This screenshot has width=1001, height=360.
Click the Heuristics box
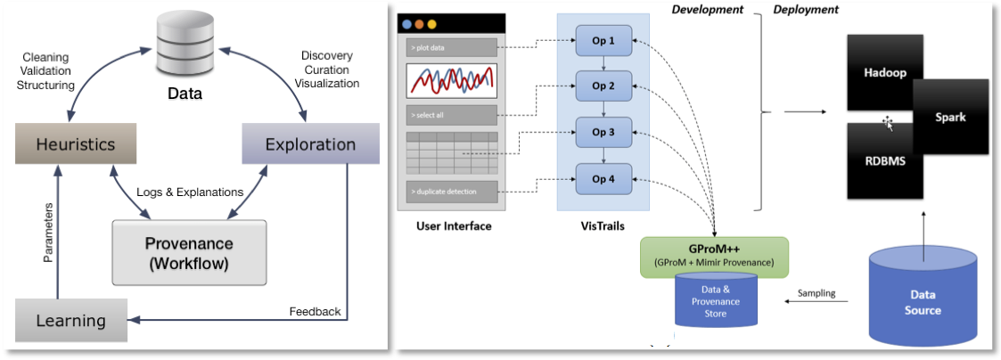click(76, 143)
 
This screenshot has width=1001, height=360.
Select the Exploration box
click(311, 143)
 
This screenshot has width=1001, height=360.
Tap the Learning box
click(70, 319)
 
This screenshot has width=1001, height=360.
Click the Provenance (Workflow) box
click(189, 252)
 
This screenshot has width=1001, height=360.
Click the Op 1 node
click(603, 39)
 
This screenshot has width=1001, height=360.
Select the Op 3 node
click(603, 132)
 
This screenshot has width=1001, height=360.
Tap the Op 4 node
click(603, 178)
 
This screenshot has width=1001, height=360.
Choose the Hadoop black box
click(885, 73)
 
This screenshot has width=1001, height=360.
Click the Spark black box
click(951, 118)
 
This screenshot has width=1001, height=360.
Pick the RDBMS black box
click(885, 161)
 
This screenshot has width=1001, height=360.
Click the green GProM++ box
click(714, 258)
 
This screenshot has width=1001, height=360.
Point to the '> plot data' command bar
click(451, 48)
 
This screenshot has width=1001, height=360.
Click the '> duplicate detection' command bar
click(451, 190)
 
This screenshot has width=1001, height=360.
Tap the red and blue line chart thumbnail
click(451, 80)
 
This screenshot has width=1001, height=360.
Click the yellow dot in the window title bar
click(431, 24)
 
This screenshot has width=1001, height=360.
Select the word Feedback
click(315, 312)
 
